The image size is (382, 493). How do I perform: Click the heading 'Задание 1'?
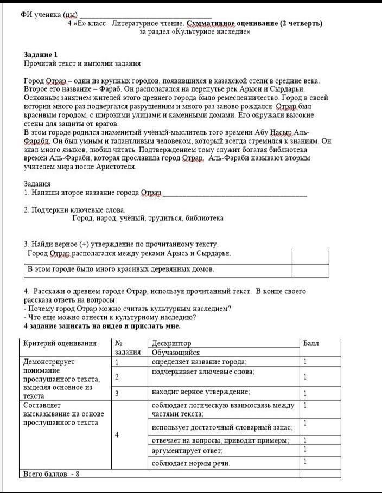click(41, 55)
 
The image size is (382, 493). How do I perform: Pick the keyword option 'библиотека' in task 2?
click(204, 219)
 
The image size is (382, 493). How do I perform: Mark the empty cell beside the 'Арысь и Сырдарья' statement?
click(310, 254)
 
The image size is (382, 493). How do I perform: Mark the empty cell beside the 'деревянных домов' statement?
click(310, 269)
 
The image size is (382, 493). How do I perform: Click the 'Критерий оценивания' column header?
click(60, 343)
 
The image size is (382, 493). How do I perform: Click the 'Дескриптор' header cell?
click(171, 343)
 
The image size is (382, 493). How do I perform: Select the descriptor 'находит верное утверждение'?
click(201, 392)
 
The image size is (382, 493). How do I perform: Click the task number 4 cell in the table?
click(117, 434)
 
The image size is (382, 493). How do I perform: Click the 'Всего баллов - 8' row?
click(49, 473)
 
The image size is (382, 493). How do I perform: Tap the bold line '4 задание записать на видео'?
click(102, 326)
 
